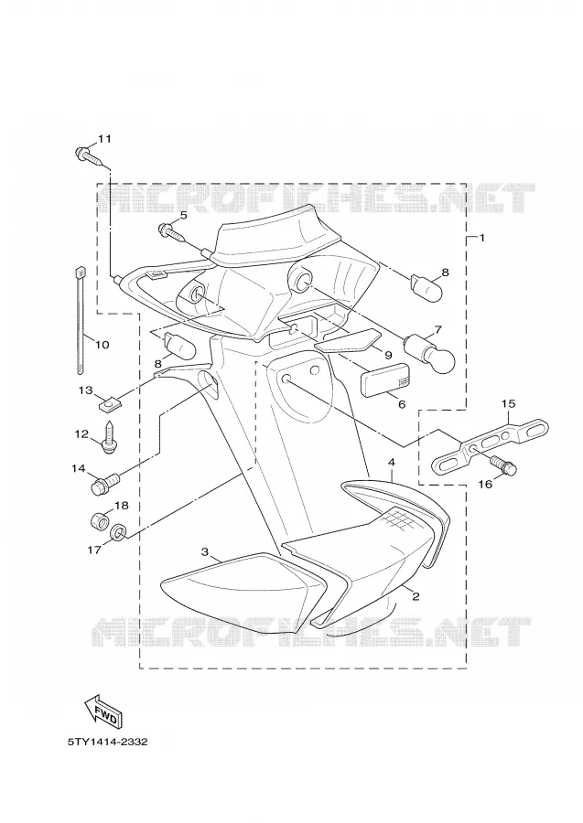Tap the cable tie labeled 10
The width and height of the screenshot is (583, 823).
point(81,320)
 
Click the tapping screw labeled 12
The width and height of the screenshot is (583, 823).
point(109,438)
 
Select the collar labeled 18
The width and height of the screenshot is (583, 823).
point(98,522)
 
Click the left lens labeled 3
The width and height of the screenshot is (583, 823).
point(241,593)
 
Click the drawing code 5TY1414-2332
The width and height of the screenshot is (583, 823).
point(107,742)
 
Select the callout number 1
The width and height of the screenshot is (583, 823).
point(481,238)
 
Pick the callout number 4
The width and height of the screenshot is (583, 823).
point(391,462)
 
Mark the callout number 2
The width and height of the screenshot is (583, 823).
point(416,597)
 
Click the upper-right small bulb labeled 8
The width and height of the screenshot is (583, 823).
point(426,286)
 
